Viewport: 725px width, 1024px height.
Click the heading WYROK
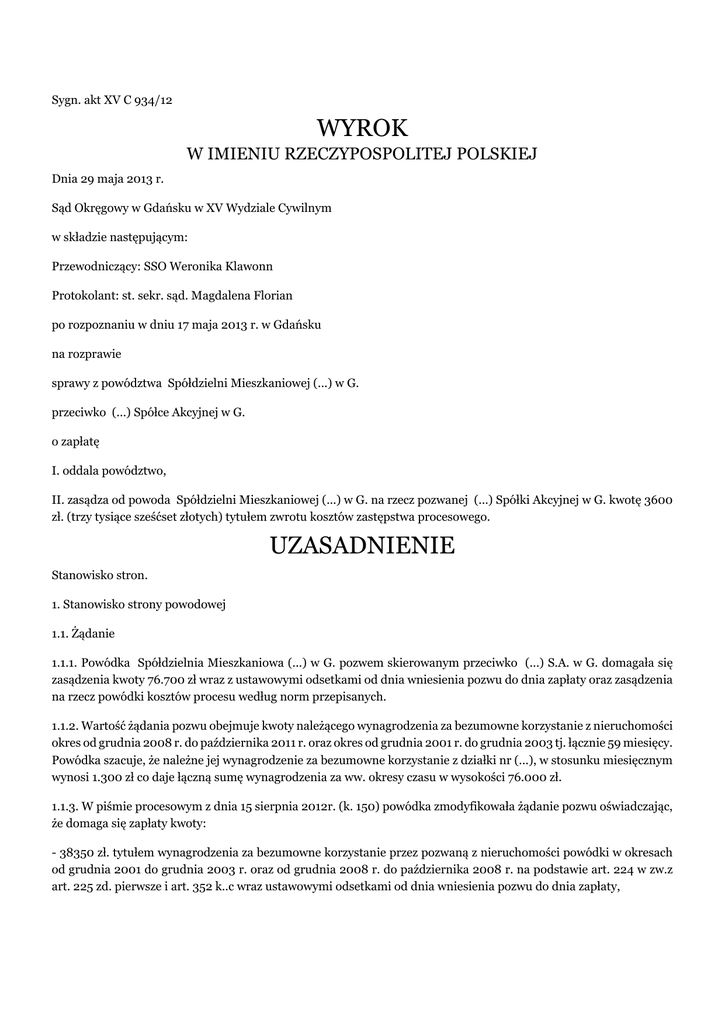pyautogui.click(x=362, y=128)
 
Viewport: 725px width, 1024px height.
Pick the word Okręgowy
pyautogui.click(x=109, y=208)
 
